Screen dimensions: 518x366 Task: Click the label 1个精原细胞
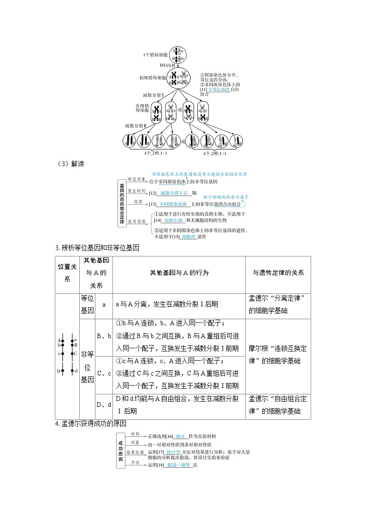(156, 55)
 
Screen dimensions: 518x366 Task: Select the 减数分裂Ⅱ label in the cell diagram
(135, 125)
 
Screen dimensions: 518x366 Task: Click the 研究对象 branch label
(137, 179)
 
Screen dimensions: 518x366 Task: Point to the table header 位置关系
(67, 273)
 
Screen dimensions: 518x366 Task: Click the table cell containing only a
(104, 304)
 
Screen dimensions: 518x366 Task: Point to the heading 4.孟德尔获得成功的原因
(91, 424)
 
